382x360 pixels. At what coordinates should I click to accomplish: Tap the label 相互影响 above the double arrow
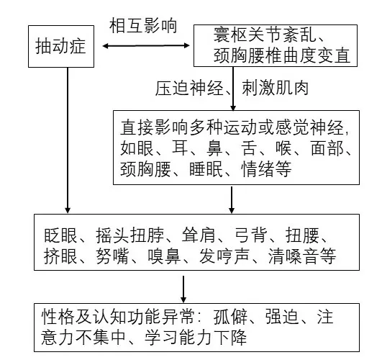143,25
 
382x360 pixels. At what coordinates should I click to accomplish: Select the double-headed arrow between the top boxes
146,45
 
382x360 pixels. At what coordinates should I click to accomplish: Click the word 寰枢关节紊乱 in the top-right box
265,35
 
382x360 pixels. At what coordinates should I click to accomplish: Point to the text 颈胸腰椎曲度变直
282,55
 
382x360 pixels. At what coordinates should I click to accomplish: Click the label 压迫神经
189,88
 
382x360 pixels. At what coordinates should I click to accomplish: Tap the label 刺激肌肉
276,88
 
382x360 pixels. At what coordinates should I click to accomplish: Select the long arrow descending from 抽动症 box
68,140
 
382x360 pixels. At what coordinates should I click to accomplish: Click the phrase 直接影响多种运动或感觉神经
232,127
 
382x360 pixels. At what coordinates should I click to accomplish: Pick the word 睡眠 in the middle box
206,168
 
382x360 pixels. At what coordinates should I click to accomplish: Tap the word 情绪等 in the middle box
266,168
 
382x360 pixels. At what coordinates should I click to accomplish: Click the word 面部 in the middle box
327,148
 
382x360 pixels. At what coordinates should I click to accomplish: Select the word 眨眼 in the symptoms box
60,235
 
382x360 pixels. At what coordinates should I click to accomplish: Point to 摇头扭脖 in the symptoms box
129,235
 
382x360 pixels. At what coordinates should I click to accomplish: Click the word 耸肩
199,235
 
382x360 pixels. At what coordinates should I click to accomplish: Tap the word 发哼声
224,256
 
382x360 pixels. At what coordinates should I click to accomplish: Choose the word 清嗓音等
302,256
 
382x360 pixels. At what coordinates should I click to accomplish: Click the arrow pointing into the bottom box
183,289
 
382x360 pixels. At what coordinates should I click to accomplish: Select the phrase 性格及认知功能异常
118,317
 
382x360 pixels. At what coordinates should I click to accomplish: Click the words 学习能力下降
196,337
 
